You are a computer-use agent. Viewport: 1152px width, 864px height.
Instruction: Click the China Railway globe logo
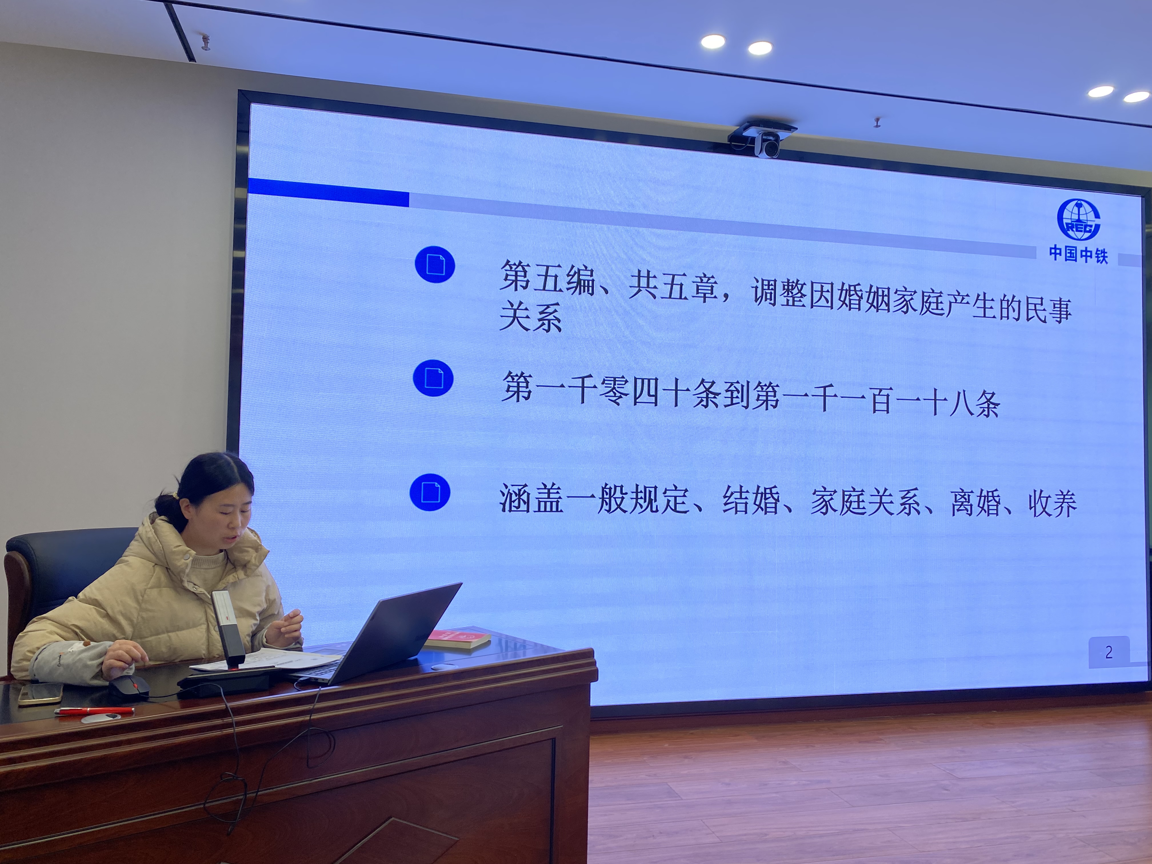pos(1079,219)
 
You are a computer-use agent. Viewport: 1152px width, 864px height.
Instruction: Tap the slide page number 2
pos(1109,652)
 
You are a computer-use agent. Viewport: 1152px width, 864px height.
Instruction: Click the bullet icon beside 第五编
pos(435,265)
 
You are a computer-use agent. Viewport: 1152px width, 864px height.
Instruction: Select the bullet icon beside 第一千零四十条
pos(433,378)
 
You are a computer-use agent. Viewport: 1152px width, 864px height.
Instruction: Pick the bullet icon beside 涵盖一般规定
pos(430,492)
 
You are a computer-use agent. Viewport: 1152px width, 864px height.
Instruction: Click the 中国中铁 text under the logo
pos(1078,255)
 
